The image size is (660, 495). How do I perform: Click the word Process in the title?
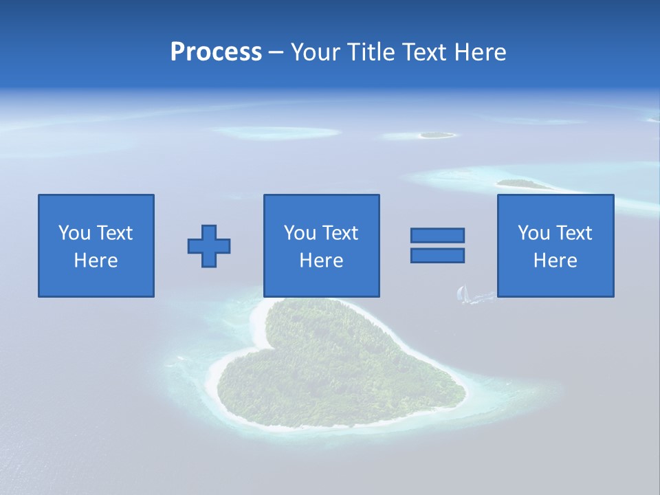click(216, 52)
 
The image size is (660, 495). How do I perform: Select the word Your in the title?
click(316, 52)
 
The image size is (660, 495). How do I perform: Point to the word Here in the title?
click(479, 52)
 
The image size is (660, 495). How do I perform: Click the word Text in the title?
click(423, 52)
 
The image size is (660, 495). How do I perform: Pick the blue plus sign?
click(209, 246)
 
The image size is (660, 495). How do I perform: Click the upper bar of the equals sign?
click(437, 235)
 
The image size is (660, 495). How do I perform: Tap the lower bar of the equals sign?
click(437, 255)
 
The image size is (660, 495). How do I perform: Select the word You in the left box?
click(74, 233)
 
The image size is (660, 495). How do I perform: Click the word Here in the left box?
click(96, 261)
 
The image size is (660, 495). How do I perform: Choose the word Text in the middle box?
click(340, 233)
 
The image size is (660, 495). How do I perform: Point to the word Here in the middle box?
click(321, 261)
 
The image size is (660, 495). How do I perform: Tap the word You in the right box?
click(533, 233)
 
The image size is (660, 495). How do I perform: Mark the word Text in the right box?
click(573, 233)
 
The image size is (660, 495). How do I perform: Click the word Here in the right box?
click(555, 261)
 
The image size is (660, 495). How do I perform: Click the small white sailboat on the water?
click(463, 295)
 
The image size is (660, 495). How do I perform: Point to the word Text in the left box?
click(114, 233)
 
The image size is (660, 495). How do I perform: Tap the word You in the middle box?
click(300, 233)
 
